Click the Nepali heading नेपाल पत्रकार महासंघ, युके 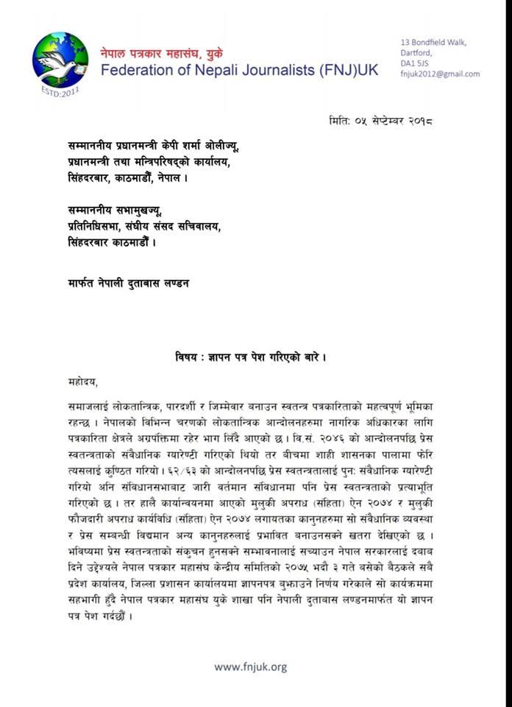pyautogui.click(x=163, y=52)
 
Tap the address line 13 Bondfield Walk pyautogui.click(x=433, y=42)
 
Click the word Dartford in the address pyautogui.click(x=414, y=53)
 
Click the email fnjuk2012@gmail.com pyautogui.click(x=440, y=74)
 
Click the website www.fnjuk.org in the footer pyautogui.click(x=250, y=667)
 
